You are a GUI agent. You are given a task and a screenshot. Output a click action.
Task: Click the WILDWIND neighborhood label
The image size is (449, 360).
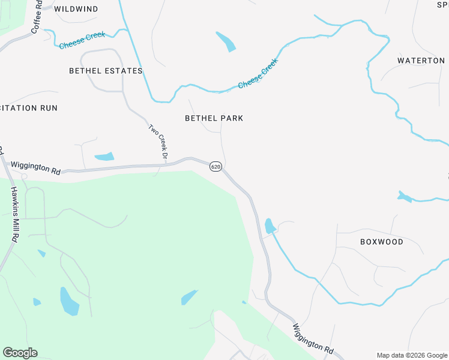pyautogui.click(x=76, y=10)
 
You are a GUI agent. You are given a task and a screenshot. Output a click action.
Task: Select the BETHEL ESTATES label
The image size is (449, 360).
pyautogui.click(x=106, y=71)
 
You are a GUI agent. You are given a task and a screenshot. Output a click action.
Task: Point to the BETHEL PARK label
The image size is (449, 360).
pyautogui.click(x=214, y=118)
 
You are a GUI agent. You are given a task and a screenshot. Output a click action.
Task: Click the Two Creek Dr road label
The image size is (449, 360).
pyautogui.click(x=158, y=142)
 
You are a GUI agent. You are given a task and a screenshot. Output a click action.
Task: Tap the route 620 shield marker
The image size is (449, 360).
pyautogui.click(x=216, y=166)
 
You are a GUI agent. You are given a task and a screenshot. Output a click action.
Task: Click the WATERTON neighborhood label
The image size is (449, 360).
pyautogui.click(x=421, y=61)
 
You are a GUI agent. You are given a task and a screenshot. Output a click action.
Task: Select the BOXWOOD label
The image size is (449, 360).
pyautogui.click(x=382, y=242)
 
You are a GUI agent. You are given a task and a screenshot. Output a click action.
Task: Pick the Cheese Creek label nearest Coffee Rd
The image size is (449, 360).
pyautogui.click(x=82, y=41)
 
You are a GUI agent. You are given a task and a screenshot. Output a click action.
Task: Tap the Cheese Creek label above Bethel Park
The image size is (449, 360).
pyautogui.click(x=258, y=74)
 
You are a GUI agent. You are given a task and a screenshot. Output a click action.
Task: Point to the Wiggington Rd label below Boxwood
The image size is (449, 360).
pyautogui.click(x=313, y=338)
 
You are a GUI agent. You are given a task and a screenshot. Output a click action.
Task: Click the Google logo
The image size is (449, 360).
pyautogui.click(x=20, y=353)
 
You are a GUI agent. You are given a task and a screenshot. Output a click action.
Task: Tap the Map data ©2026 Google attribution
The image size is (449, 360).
pyautogui.click(x=412, y=355)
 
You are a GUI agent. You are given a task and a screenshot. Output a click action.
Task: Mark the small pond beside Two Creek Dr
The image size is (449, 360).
pyautogui.click(x=104, y=157)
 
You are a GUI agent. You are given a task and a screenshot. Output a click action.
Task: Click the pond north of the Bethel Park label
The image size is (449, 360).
pyautogui.click(x=226, y=41)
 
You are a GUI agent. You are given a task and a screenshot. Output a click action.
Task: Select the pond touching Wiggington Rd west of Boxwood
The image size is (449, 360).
pyautogui.click(x=270, y=226)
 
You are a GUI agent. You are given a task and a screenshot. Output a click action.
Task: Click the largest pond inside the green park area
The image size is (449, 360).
pyautogui.click(x=69, y=301)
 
